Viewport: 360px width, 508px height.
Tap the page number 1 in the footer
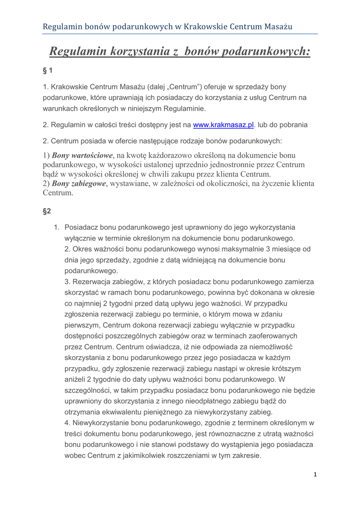tap(315, 475)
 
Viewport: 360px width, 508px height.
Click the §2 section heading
tap(47, 211)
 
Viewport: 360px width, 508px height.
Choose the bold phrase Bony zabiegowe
tap(79, 184)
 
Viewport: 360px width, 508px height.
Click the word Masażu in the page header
tap(276, 26)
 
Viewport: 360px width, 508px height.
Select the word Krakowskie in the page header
tap(206, 26)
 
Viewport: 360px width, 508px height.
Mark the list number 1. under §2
tap(57, 228)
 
